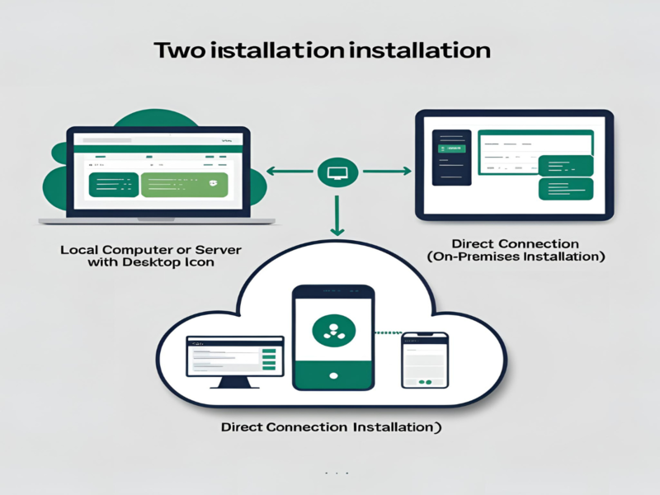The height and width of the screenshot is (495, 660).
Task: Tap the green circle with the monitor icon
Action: (x=336, y=172)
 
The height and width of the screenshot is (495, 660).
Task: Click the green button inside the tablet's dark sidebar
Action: (x=450, y=148)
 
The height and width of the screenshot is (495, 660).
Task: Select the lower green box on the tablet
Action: (x=565, y=189)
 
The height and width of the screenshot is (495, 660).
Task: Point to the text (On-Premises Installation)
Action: (x=516, y=257)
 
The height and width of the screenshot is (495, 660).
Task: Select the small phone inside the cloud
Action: (x=424, y=361)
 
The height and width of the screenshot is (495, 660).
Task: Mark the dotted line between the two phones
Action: (x=388, y=333)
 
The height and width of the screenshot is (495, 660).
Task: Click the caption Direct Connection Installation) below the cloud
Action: (x=330, y=428)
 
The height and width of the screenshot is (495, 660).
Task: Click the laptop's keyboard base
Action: (x=157, y=221)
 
